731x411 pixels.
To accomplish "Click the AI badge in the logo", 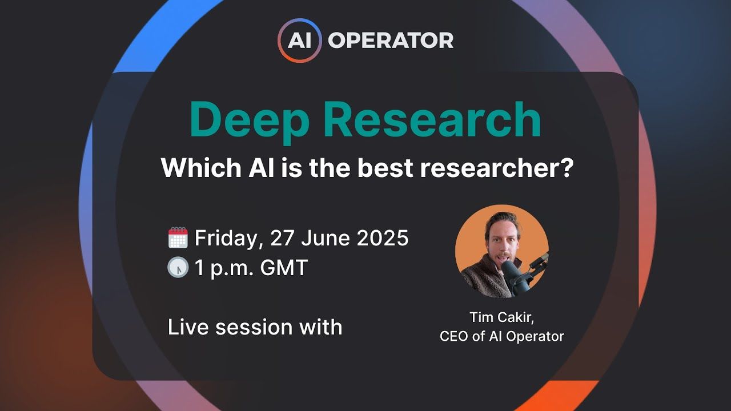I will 299,41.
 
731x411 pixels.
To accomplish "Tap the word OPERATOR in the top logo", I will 391,41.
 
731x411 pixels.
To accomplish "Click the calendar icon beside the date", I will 178,237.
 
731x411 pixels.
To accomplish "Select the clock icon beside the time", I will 178,268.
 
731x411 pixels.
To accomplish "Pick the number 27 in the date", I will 282,238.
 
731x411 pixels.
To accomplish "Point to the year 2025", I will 383,238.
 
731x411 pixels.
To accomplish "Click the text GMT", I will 284,268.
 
